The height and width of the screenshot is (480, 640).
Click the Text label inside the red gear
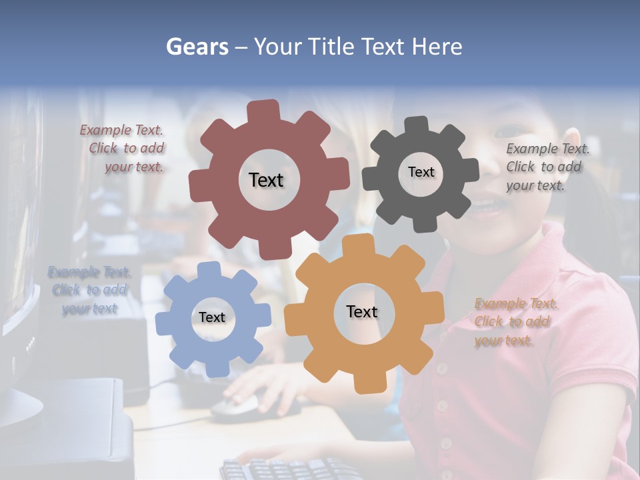[266, 180]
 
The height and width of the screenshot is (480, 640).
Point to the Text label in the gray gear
[421, 172]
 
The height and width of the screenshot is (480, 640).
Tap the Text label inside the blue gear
[212, 318]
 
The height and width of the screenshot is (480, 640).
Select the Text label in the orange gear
[362, 311]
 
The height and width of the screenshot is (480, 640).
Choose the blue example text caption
[89, 291]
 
